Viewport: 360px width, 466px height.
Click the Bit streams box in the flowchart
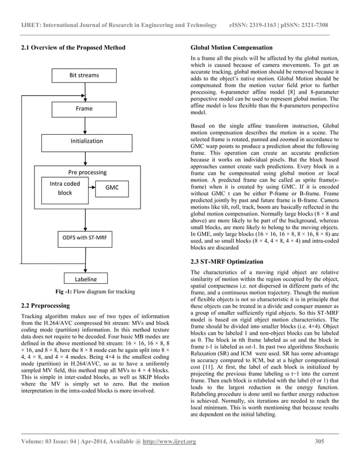coord(84,75)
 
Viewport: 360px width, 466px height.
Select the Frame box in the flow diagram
coord(84,108)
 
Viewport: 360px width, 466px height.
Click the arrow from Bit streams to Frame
coord(84,91)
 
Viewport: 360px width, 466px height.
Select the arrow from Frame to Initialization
coord(84,124)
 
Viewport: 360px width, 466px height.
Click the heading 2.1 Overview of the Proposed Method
coord(72,47)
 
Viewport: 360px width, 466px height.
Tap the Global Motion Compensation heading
coord(232,47)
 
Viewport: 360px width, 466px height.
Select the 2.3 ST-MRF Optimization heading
coord(227,261)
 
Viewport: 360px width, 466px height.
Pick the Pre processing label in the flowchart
coord(84,172)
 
